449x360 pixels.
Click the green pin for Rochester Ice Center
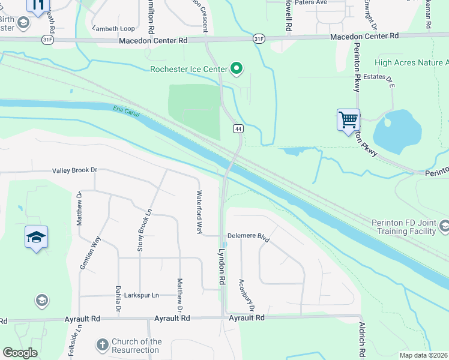tap(237, 68)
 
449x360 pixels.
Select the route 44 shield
tap(238, 129)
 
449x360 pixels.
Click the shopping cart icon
tap(348, 120)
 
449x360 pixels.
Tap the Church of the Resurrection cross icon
tap(103, 344)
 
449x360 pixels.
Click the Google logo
tap(20, 353)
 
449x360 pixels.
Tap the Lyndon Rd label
tap(222, 267)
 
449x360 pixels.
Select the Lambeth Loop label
tap(113, 28)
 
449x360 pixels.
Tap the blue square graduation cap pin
tap(36, 238)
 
